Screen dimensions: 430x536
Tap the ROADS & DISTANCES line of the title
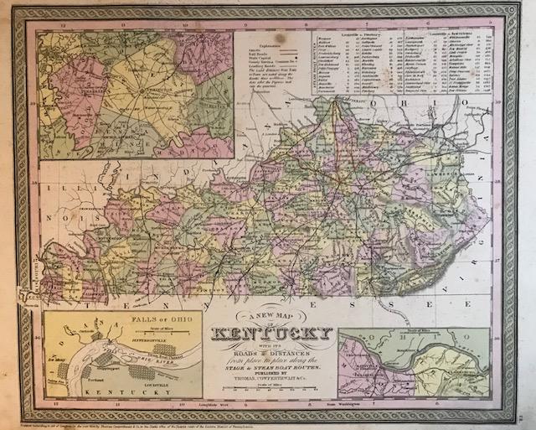(x=270, y=356)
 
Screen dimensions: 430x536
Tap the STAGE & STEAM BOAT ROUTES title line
(x=271, y=369)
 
